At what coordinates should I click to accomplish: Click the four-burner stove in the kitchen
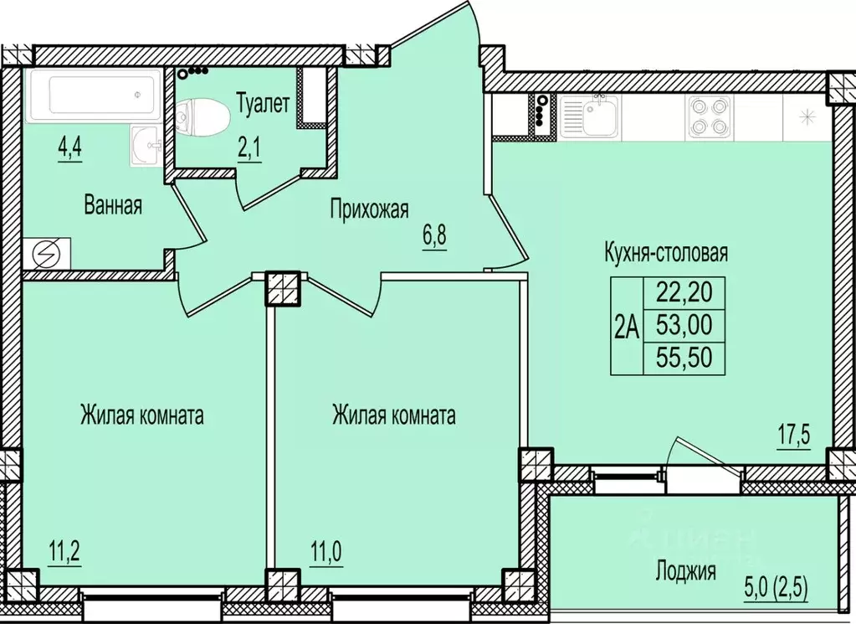click(709, 116)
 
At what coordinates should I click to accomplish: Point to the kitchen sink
click(590, 116)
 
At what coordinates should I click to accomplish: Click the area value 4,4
click(69, 151)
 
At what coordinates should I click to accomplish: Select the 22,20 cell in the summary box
click(682, 293)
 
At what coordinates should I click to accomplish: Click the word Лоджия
click(685, 572)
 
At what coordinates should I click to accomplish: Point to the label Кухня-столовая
click(666, 252)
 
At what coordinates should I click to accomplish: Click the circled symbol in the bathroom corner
click(42, 253)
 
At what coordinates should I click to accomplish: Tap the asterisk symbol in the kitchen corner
click(807, 116)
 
